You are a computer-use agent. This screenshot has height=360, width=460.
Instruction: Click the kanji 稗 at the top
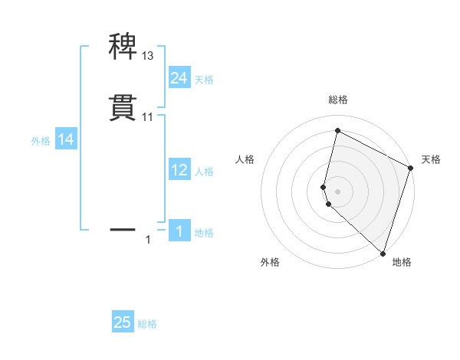(123, 46)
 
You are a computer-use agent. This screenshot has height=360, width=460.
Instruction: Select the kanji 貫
(123, 107)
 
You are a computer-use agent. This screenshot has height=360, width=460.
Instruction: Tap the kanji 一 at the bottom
(123, 228)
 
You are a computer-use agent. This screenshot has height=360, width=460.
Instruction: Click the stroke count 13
(148, 56)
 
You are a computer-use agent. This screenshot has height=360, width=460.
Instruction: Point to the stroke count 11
(148, 117)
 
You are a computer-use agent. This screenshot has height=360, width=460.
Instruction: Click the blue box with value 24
(179, 78)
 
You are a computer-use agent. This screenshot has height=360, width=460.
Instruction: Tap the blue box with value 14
(66, 139)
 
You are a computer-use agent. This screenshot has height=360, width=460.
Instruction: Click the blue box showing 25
(123, 322)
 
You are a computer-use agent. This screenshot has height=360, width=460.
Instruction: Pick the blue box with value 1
(179, 231)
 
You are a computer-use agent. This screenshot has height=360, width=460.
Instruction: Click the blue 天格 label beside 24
(204, 80)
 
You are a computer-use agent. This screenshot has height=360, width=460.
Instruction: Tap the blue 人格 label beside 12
(204, 172)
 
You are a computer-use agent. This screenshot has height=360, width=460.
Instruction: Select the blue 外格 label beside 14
(41, 141)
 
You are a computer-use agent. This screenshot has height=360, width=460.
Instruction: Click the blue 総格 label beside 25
(147, 324)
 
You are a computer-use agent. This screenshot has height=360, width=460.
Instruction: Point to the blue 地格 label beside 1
(204, 233)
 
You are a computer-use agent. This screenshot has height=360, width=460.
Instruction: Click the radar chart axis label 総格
(338, 100)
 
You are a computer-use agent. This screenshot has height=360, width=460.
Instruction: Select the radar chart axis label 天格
(431, 159)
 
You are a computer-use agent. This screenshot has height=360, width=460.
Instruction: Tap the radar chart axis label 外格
(270, 262)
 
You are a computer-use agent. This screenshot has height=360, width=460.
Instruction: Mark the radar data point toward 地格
(383, 252)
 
